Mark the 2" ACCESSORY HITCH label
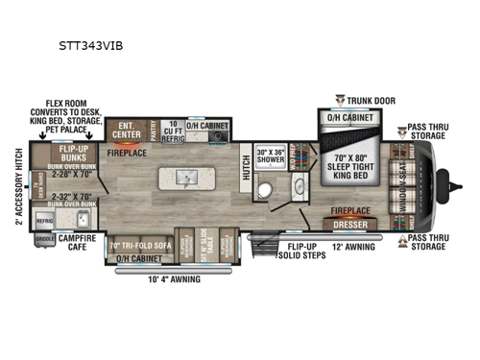(x=20, y=185)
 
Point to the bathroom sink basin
(x=298, y=186)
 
